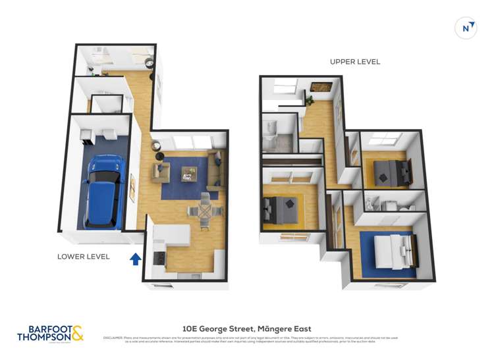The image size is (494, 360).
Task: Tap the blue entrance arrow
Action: pos(135,259)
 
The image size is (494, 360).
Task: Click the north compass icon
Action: pos(466,28)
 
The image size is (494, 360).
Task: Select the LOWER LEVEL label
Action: pos(84,256)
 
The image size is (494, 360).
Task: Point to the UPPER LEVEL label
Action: pos(355,62)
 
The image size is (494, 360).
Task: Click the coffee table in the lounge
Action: pos(189,173)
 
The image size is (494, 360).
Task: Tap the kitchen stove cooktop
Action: pos(159,259)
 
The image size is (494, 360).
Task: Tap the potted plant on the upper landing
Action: pos(309,100)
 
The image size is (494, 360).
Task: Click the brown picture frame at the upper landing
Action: pos(321,86)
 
